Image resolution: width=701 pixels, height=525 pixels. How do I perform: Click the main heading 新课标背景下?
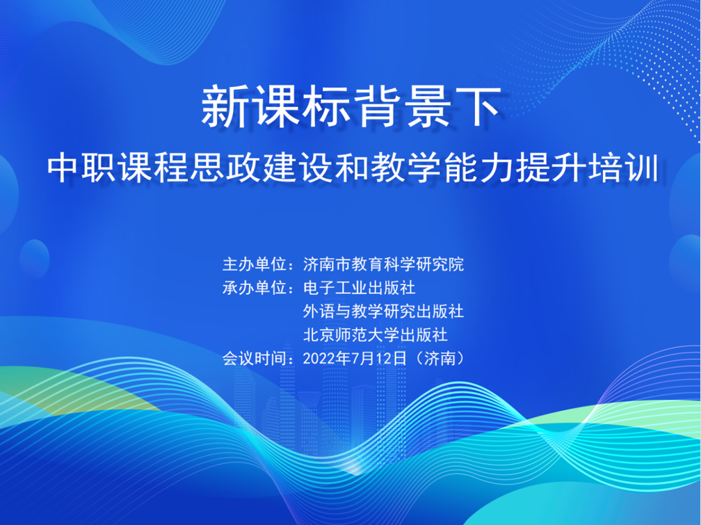(350, 107)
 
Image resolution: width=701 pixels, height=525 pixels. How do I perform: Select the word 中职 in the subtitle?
(83, 168)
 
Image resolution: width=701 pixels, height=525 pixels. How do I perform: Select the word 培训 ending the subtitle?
(623, 168)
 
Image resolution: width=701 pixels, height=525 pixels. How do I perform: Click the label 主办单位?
(255, 264)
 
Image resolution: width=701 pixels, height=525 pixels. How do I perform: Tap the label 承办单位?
(255, 288)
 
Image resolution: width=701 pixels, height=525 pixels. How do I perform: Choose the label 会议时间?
(255, 358)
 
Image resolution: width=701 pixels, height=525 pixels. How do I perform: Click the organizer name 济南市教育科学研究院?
(384, 264)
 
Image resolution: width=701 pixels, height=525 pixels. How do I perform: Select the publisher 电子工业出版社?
(359, 288)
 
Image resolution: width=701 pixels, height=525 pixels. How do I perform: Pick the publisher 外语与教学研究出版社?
(384, 312)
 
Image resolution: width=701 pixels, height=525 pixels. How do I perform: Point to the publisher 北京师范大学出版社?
(376, 334)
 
